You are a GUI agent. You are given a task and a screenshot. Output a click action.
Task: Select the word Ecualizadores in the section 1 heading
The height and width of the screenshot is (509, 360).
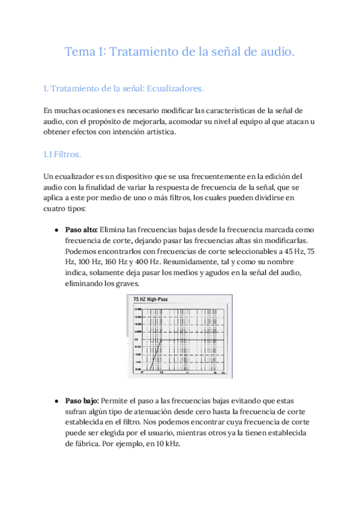click(x=175, y=89)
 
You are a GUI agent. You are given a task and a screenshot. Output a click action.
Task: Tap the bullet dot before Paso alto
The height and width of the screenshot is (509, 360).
click(x=56, y=230)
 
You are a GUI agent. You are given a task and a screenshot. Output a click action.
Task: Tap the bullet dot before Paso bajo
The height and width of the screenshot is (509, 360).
click(x=56, y=400)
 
